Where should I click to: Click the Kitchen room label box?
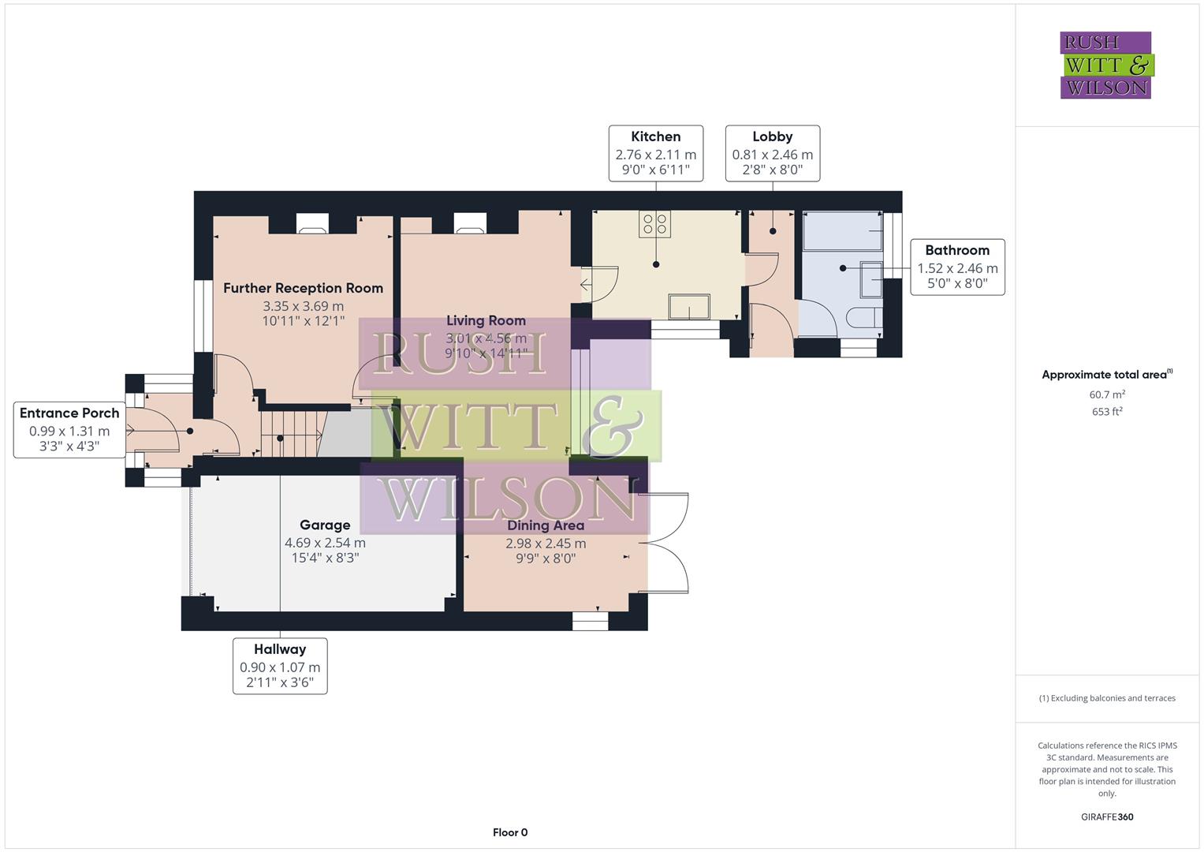pyautogui.click(x=655, y=153)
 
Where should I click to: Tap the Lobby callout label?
pyautogui.click(x=772, y=153)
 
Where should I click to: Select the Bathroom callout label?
pyautogui.click(x=956, y=267)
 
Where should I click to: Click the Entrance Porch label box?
pyautogui.click(x=69, y=429)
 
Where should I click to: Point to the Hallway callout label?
pyautogui.click(x=280, y=666)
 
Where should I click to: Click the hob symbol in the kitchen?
pyautogui.click(x=655, y=224)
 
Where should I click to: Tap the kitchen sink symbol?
pyautogui.click(x=688, y=306)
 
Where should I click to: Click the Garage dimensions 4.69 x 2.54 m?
pyautogui.click(x=325, y=543)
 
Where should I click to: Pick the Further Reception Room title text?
pyautogui.click(x=303, y=288)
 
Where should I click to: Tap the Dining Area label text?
pyautogui.click(x=546, y=525)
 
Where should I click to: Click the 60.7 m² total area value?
pyautogui.click(x=1107, y=394)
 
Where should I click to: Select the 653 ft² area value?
pyautogui.click(x=1107, y=412)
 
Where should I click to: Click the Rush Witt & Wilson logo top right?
pyautogui.click(x=1106, y=65)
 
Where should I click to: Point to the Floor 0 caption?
pyautogui.click(x=510, y=832)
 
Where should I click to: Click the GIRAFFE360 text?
pyautogui.click(x=1107, y=816)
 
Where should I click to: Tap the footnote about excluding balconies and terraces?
pyautogui.click(x=1107, y=698)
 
